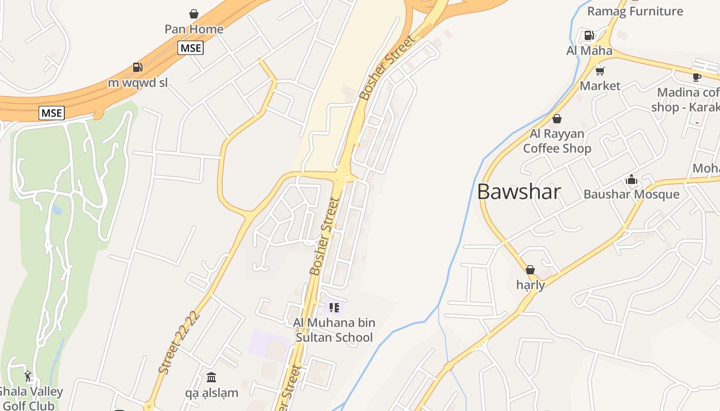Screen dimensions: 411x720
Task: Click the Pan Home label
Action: (x=194, y=29)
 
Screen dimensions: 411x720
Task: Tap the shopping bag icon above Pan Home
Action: (x=194, y=14)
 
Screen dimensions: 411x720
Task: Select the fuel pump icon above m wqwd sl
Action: (x=137, y=67)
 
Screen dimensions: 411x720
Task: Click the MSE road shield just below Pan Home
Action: (x=191, y=48)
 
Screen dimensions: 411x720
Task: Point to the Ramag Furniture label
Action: (x=635, y=11)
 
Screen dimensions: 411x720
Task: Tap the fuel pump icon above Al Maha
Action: (x=589, y=35)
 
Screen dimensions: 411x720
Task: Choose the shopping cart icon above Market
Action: (x=600, y=70)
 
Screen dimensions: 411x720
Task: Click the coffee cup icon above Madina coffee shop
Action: (x=696, y=77)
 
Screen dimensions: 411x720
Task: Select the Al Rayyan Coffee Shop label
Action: (x=557, y=141)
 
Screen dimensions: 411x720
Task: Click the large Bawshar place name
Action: (x=518, y=192)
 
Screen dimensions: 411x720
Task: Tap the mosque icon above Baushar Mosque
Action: (x=632, y=179)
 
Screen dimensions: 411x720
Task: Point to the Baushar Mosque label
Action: (x=631, y=194)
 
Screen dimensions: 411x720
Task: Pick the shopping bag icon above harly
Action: (x=530, y=270)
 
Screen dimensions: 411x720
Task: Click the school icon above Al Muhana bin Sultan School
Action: (x=334, y=308)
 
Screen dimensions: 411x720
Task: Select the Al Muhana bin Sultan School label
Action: (x=334, y=330)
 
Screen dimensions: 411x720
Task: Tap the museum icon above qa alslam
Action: (x=211, y=378)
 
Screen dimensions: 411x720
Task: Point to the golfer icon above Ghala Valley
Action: (x=28, y=376)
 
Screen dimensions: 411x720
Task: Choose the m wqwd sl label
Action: (x=137, y=83)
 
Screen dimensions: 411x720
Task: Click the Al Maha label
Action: (x=589, y=51)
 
